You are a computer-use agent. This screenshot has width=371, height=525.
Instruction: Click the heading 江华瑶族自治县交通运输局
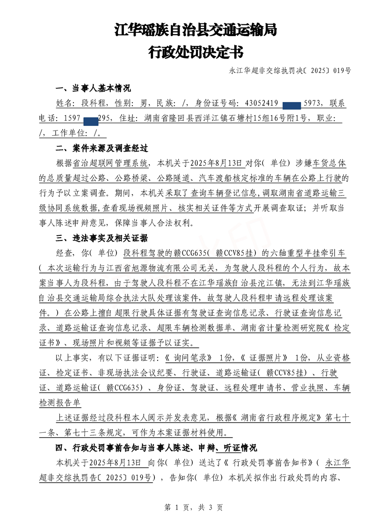click(196, 31)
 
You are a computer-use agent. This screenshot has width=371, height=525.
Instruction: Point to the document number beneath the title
click(290, 71)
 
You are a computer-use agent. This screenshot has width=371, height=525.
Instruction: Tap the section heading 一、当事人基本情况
click(94, 88)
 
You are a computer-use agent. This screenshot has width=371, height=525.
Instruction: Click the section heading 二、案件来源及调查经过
click(102, 148)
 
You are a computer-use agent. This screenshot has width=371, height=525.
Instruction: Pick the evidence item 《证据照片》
click(267, 358)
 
